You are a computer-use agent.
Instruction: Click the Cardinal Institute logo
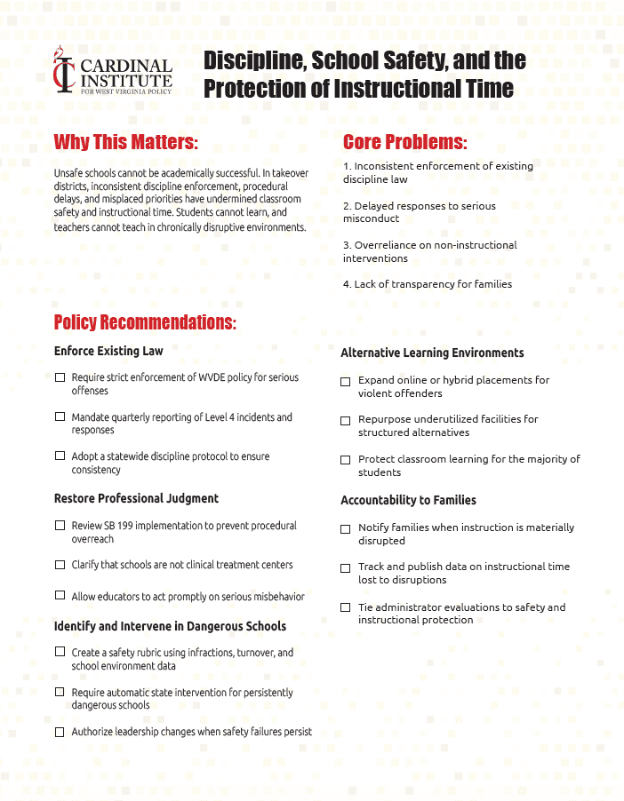[x=112, y=71]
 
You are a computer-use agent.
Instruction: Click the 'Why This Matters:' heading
[x=125, y=142]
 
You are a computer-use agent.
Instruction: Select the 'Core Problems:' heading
[x=404, y=142]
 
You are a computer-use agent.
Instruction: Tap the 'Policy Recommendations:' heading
[x=145, y=321]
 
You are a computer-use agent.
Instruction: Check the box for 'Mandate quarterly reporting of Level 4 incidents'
[x=60, y=416]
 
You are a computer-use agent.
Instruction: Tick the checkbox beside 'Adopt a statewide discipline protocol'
[x=60, y=456]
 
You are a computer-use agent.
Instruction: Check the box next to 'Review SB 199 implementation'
[x=60, y=526]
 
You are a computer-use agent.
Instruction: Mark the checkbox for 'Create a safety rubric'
[x=60, y=652]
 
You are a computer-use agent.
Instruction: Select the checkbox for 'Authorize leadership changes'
[x=60, y=732]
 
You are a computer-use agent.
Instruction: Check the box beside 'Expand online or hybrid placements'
[x=346, y=381]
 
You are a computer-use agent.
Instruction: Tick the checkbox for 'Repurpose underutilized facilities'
[x=346, y=420]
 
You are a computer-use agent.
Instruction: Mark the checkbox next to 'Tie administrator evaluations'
[x=346, y=607]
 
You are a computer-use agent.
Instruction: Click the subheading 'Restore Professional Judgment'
[x=136, y=498]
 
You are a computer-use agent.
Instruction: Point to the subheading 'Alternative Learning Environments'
[x=432, y=353]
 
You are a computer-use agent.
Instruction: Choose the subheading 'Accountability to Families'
[x=408, y=500]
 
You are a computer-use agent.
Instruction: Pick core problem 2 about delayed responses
[x=420, y=211]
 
